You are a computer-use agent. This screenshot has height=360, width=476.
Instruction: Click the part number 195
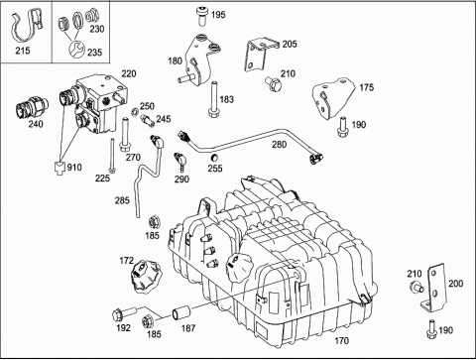pos(218,15)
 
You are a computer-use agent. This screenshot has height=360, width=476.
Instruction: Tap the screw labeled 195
pos(201,16)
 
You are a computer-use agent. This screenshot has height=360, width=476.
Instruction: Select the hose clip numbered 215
pos(26,27)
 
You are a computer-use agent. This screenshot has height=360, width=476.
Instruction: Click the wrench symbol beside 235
pos(76,50)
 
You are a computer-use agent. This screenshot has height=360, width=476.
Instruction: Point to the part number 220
pos(129,73)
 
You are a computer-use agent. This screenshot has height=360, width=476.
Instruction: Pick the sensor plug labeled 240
pos(32,108)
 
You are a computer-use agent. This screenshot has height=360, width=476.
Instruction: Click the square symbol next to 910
pos(59,168)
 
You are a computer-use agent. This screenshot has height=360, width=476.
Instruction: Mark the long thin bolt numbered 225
pos(113,156)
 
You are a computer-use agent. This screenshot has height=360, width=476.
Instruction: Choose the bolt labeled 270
pos(125,135)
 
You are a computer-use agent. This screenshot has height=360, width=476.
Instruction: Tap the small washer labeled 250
pos(136,112)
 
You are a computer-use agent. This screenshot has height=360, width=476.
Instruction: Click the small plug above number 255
pos(214,157)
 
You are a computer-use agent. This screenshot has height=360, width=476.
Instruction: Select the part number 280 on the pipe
pos(279,144)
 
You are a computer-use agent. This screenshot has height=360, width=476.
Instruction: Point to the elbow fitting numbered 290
pos(180,162)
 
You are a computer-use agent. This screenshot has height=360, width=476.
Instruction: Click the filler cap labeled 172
pos(146,276)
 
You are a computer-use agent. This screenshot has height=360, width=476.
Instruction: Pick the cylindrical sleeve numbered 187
pos(181,313)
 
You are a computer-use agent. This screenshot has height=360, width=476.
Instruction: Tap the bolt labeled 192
pos(124,313)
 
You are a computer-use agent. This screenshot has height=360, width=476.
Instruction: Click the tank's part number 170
pos(341,340)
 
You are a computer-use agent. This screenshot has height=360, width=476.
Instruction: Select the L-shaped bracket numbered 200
pos(434,289)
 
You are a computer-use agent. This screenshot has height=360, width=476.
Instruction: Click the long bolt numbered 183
pos(214,99)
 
